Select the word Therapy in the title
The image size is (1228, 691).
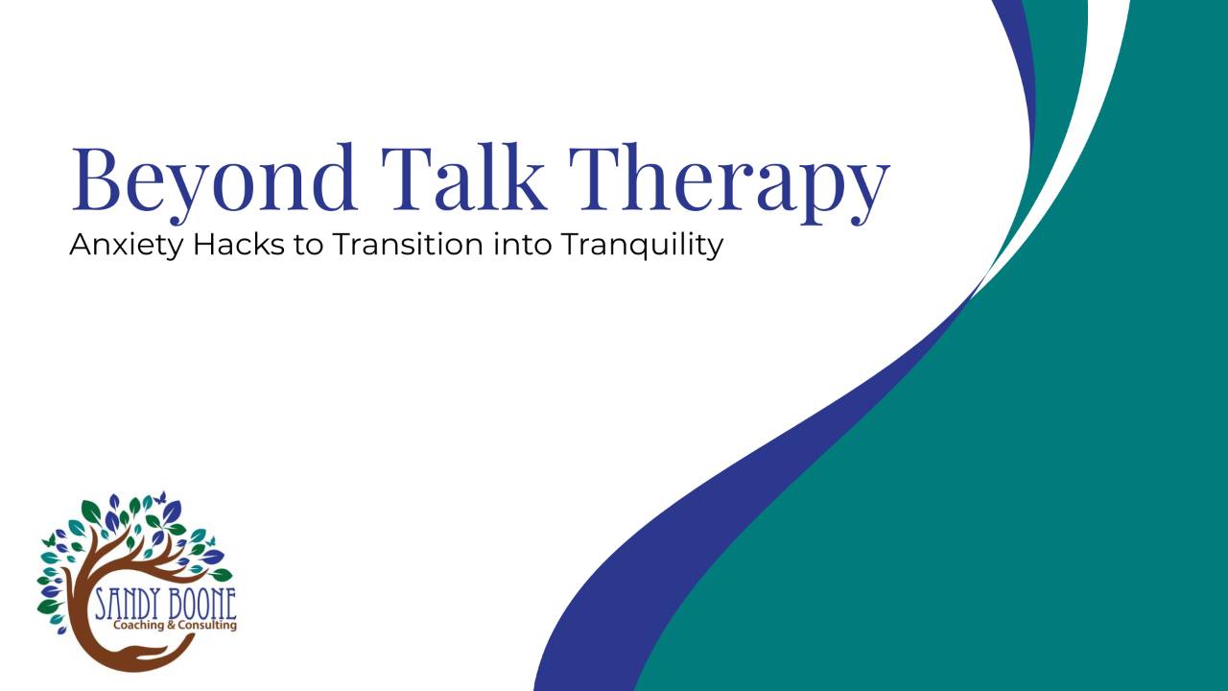[x=729, y=182]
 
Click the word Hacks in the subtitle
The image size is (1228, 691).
[x=239, y=244]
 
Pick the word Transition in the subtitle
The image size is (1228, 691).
[x=407, y=244]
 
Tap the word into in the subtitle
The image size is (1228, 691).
[x=522, y=244]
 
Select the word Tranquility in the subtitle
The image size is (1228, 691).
[x=642, y=245]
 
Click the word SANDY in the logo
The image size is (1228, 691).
[x=128, y=605]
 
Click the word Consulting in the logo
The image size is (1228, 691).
[x=207, y=626]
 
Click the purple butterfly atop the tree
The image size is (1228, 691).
[x=160, y=497]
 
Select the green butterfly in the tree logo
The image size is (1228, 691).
[x=49, y=540]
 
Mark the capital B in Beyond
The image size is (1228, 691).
[x=97, y=179]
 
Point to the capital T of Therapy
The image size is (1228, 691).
[x=597, y=179]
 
